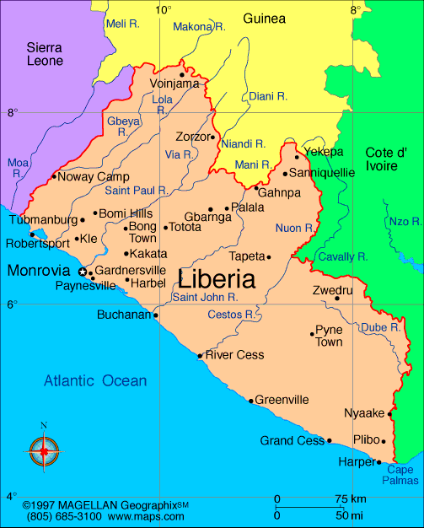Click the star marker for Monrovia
(82, 272)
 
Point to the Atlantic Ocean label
(95, 381)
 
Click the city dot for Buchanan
(155, 315)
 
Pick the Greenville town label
(282, 400)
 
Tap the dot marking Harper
(378, 462)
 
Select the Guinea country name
(264, 18)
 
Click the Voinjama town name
(174, 84)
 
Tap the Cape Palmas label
(401, 476)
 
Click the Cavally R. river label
(342, 256)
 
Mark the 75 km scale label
(349, 498)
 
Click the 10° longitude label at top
(164, 10)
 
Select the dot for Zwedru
(337, 298)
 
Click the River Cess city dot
(200, 355)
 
